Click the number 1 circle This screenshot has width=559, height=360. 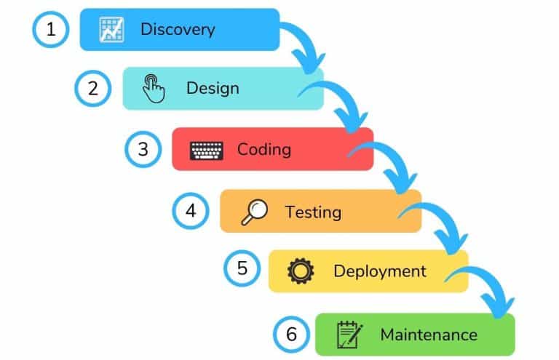50,30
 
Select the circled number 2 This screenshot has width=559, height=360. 93,89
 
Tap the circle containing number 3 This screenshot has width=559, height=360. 143,150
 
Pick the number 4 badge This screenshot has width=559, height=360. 191,212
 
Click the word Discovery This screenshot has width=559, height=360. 178,30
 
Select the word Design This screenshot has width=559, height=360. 213,89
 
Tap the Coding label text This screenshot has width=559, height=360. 264,150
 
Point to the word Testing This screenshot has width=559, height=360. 313,212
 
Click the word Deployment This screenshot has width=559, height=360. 380,271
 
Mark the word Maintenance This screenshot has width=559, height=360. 429,335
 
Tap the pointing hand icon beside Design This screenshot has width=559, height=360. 154,89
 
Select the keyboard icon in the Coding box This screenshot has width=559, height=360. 207,151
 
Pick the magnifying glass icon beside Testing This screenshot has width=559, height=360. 255,212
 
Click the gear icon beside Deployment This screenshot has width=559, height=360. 300,271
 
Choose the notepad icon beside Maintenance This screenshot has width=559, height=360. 349,335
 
